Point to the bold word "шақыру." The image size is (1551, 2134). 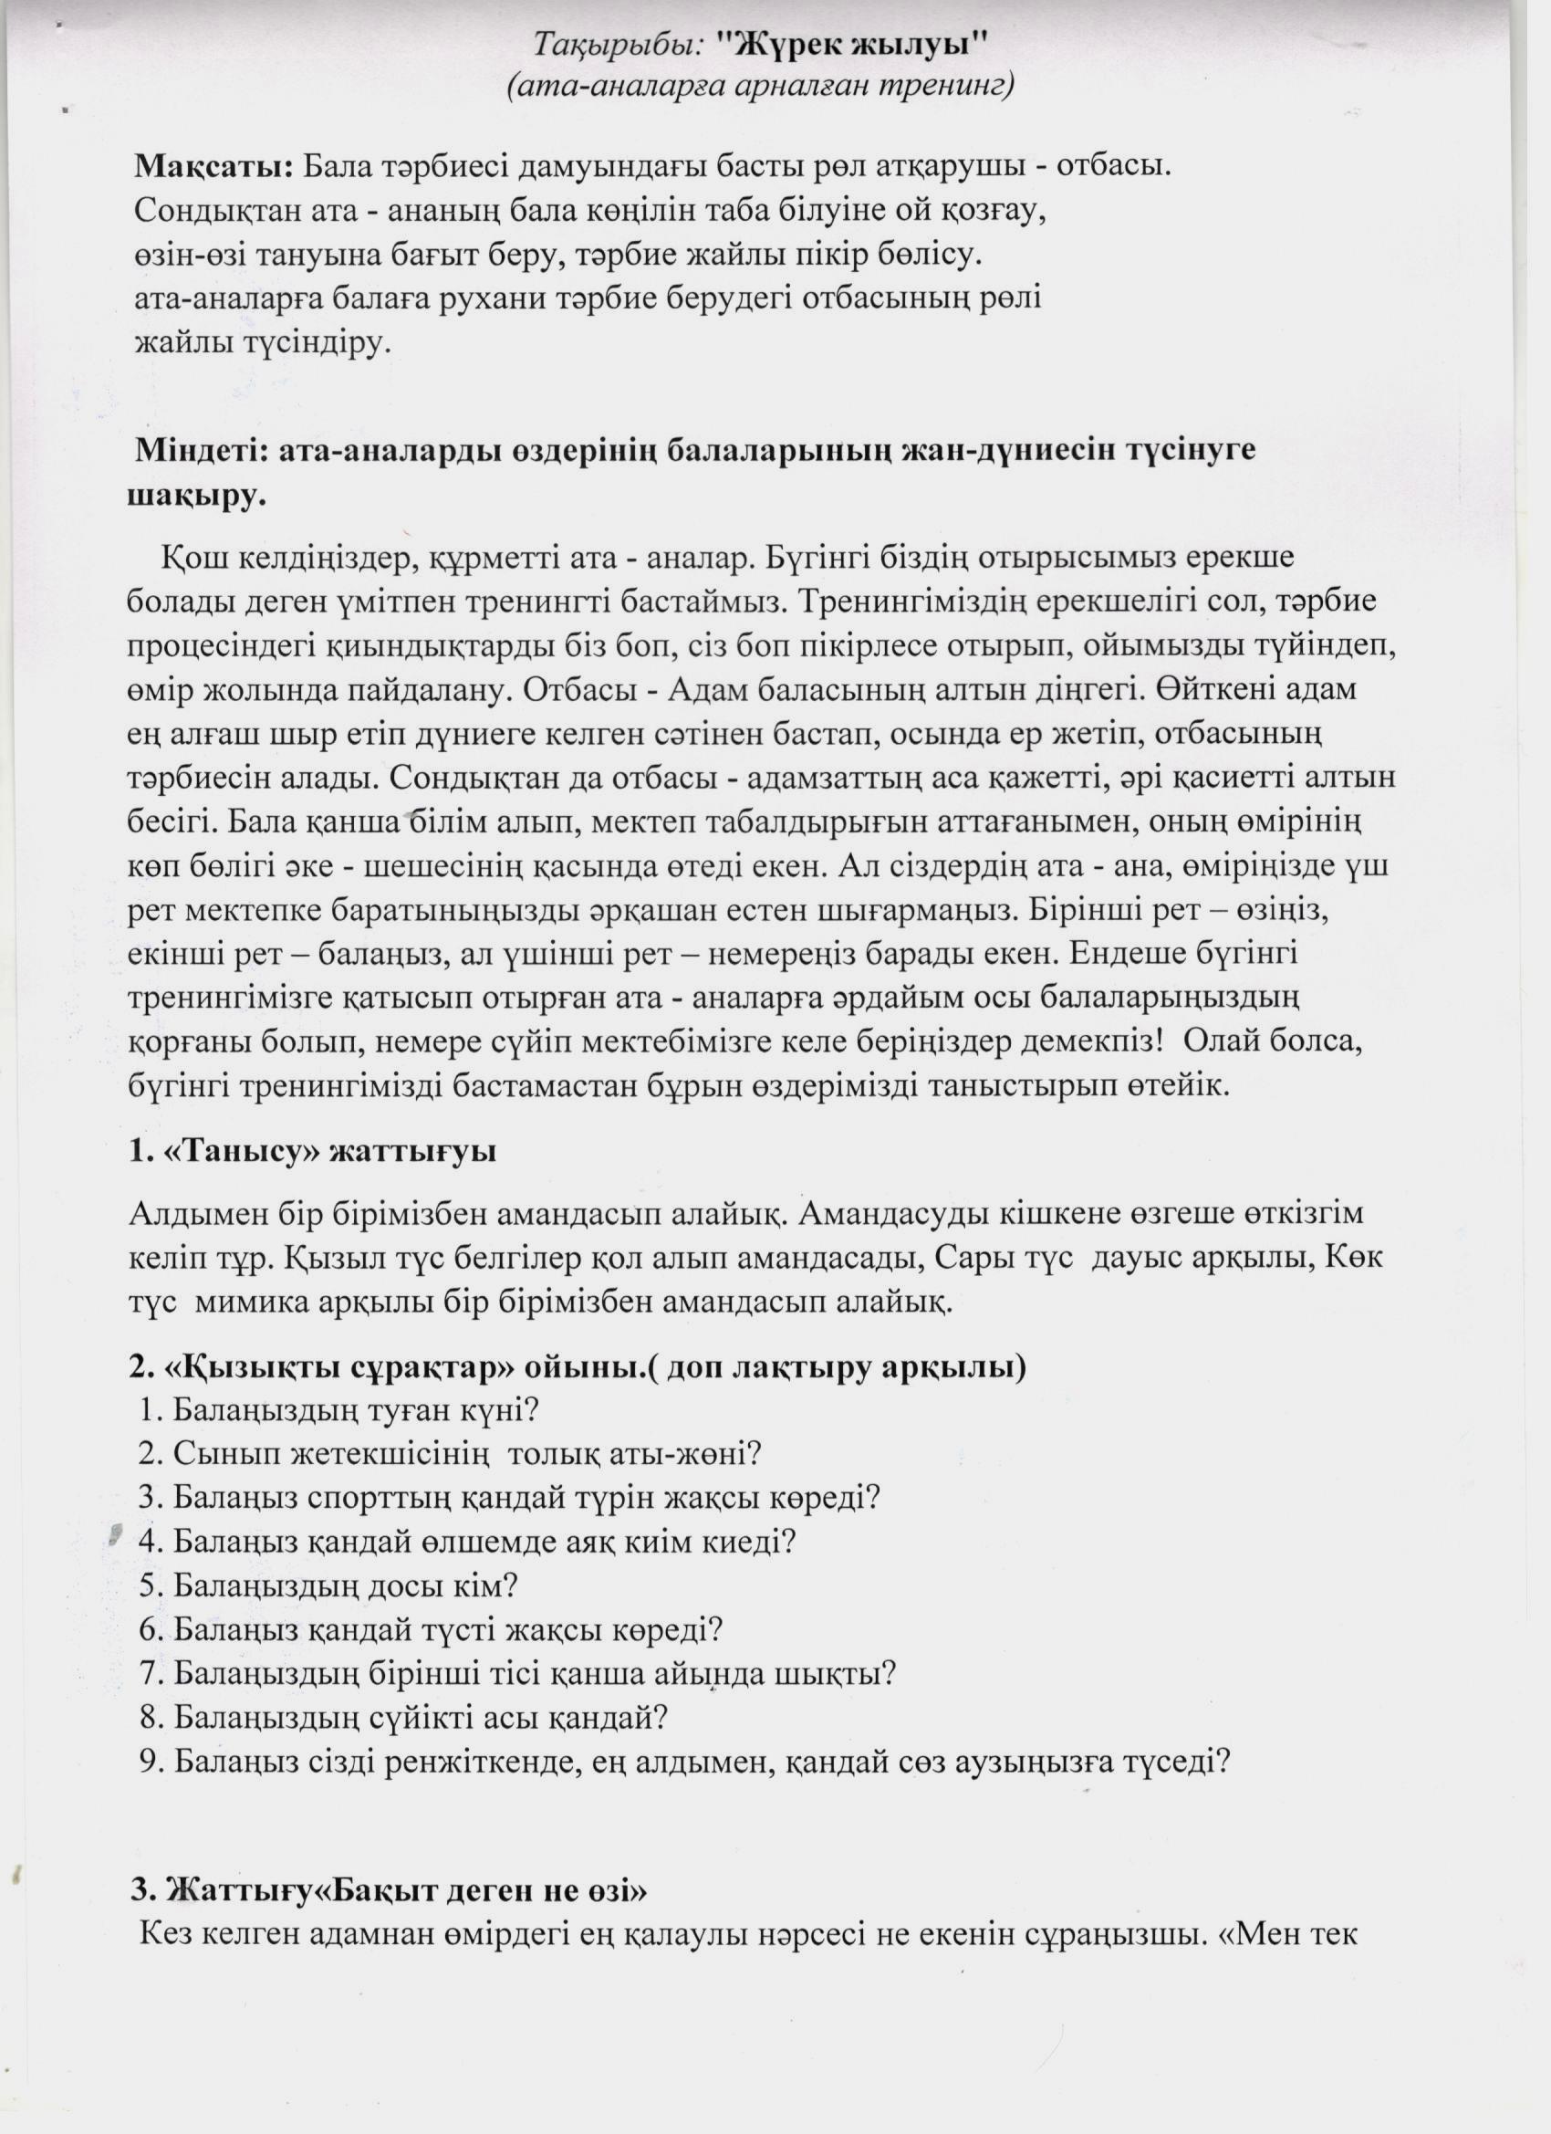pyautogui.click(x=196, y=495)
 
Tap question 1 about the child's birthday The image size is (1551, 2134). pyautogui.click(x=338, y=1410)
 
